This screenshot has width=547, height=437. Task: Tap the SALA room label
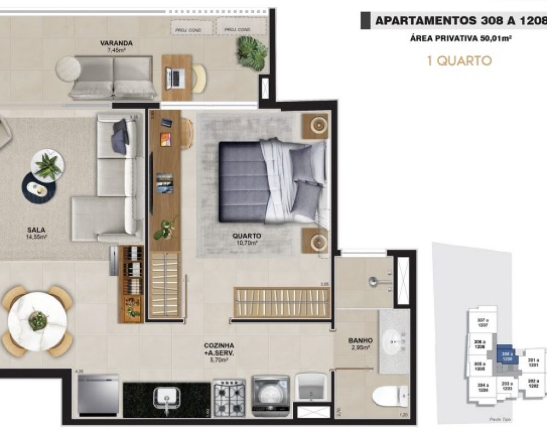click(x=38, y=230)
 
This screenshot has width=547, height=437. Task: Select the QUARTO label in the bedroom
click(x=247, y=236)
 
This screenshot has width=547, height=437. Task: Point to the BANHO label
click(x=360, y=340)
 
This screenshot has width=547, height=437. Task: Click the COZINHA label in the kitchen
click(x=219, y=346)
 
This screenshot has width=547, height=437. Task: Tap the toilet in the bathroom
click(x=389, y=396)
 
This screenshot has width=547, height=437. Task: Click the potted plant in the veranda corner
click(x=252, y=53)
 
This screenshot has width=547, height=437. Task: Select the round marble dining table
click(x=38, y=322)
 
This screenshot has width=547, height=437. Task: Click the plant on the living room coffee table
click(x=48, y=166)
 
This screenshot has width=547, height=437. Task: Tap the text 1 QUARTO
click(x=459, y=60)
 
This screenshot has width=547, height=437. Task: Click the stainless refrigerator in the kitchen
click(x=98, y=394)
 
